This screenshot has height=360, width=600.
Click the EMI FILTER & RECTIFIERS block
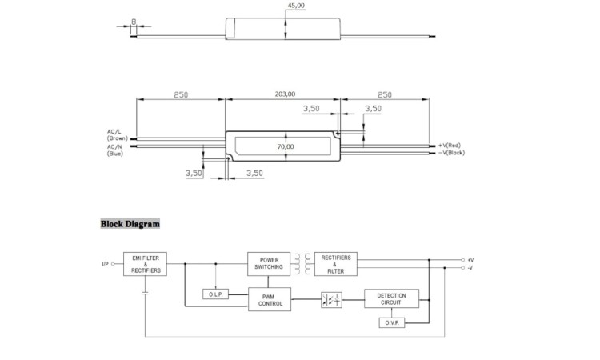coord(145,264)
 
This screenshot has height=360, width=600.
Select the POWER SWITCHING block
coord(269,263)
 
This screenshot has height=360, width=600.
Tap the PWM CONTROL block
coord(270,299)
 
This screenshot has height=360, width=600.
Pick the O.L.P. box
coord(215,294)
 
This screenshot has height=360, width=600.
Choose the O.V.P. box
coord(392,322)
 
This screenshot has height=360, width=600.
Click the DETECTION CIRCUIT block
coord(391,298)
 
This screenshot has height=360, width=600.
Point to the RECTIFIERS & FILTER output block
coord(335,264)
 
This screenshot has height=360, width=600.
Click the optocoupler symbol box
coord(331,300)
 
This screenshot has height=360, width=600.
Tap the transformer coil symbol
coord(302,263)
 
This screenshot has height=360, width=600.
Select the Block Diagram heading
coord(130,224)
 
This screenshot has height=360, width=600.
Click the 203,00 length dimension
coord(285,94)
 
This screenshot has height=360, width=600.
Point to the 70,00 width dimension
coord(286,146)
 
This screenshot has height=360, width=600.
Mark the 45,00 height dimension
coord(296,6)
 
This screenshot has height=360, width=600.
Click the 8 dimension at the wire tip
coord(134,22)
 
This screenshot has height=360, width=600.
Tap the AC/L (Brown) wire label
coord(117,135)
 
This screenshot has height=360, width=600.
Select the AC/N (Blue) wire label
coord(115,150)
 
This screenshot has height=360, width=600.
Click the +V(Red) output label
coord(450,146)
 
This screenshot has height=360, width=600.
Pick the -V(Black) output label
coord(451,153)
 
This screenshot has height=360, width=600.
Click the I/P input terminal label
coord(106,264)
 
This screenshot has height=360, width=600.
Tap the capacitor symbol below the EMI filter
coord(145,294)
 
